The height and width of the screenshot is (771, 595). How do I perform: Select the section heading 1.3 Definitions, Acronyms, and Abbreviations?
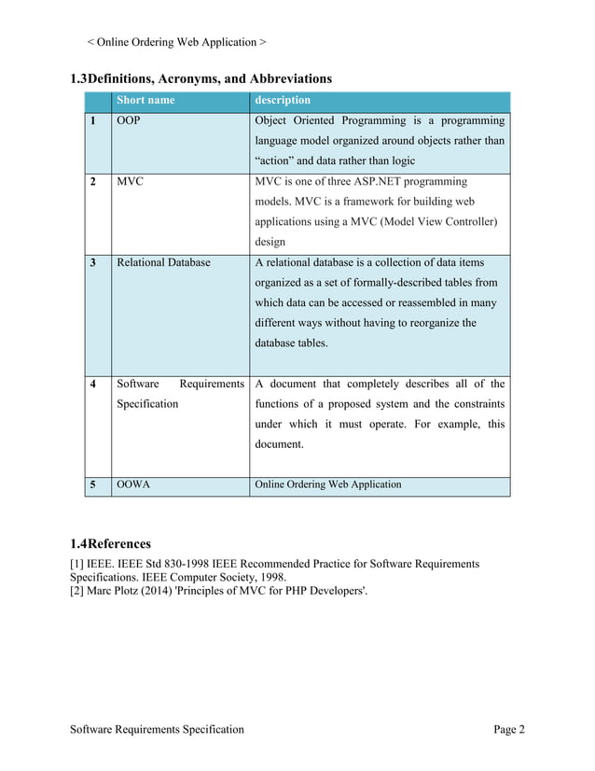click(201, 78)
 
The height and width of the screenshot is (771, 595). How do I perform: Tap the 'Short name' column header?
click(145, 101)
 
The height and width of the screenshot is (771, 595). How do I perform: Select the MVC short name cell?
click(130, 181)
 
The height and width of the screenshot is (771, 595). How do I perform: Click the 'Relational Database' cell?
click(163, 262)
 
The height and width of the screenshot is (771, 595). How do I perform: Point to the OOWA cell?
click(134, 484)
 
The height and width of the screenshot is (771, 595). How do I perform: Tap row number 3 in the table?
click(93, 262)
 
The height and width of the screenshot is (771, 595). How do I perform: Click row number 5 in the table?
click(93, 484)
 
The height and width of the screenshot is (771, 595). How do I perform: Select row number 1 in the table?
click(93, 121)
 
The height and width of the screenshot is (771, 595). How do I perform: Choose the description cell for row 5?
click(328, 484)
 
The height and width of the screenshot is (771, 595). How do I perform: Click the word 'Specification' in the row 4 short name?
click(147, 404)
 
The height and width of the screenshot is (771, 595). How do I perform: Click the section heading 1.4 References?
click(110, 543)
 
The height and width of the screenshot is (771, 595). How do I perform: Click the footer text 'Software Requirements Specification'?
click(158, 729)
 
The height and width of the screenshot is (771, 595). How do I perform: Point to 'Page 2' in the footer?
click(509, 729)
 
